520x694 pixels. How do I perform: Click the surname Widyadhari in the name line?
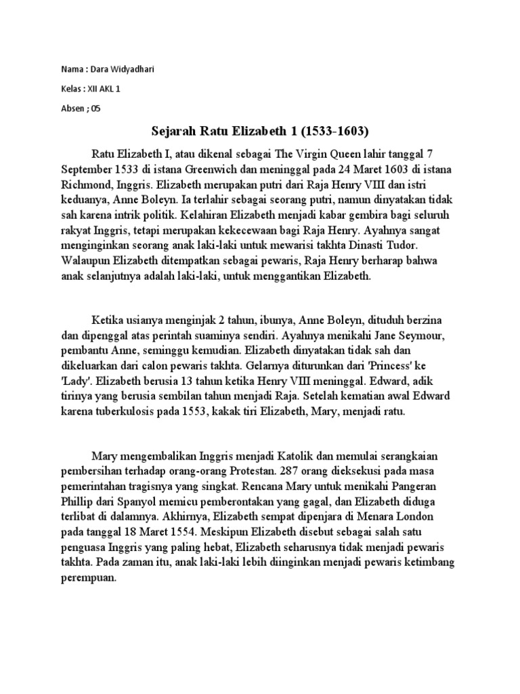pos(129,70)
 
